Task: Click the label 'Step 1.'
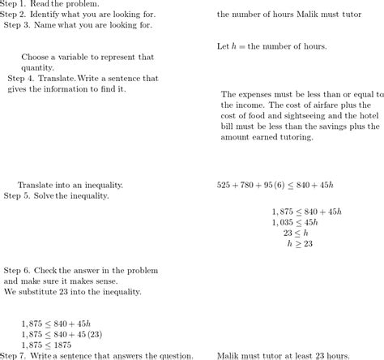(x=15, y=4)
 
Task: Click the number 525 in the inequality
(x=224, y=185)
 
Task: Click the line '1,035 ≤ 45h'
(x=295, y=221)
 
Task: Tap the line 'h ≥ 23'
(x=300, y=243)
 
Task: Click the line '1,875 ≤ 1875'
(x=47, y=345)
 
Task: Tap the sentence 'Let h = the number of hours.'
(x=271, y=47)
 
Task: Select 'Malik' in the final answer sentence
(x=231, y=355)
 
